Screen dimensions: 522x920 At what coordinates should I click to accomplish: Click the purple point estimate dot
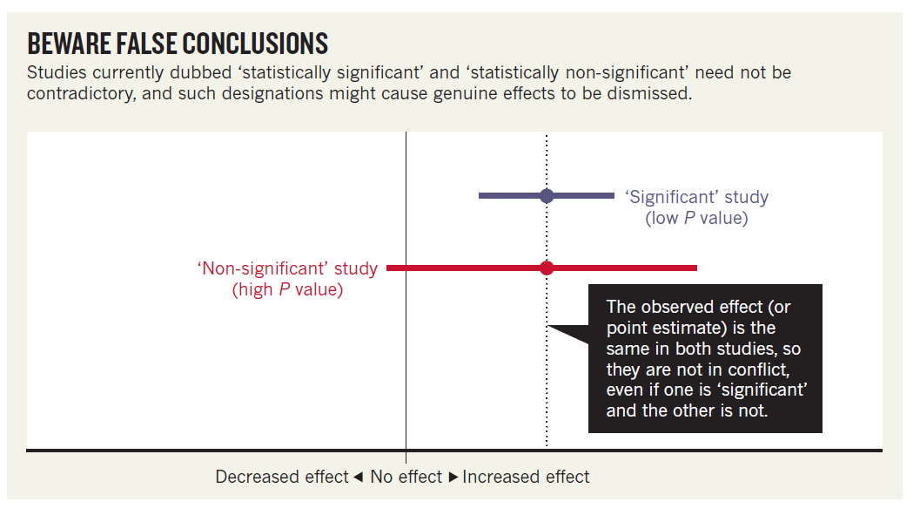pyautogui.click(x=547, y=196)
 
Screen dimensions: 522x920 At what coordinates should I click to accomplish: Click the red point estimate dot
pyautogui.click(x=547, y=268)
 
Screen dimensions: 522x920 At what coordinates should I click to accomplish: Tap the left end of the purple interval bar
pyautogui.click(x=480, y=196)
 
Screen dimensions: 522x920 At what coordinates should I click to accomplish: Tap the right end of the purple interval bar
pyautogui.click(x=613, y=196)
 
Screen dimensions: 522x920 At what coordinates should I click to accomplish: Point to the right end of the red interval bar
pyautogui.click(x=695, y=268)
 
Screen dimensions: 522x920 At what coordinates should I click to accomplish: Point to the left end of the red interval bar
pyautogui.click(x=388, y=268)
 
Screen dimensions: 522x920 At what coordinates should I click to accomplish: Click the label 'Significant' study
pyautogui.click(x=696, y=197)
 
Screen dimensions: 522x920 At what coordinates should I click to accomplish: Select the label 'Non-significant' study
pyautogui.click(x=288, y=268)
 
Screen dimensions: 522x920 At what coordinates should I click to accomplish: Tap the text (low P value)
pyautogui.click(x=696, y=218)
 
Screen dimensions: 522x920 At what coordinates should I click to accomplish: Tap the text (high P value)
pyautogui.click(x=288, y=289)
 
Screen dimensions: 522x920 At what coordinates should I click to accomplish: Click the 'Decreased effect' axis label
pyautogui.click(x=282, y=477)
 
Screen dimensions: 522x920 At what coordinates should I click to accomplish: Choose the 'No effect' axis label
pyautogui.click(x=406, y=477)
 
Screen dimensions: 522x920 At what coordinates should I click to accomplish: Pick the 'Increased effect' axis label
pyautogui.click(x=526, y=477)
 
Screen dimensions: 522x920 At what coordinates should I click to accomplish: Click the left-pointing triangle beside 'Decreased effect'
pyautogui.click(x=358, y=477)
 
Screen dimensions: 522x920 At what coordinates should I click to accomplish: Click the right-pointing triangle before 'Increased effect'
pyautogui.click(x=453, y=477)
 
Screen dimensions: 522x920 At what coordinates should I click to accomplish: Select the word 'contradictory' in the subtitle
pyautogui.click(x=78, y=93)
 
